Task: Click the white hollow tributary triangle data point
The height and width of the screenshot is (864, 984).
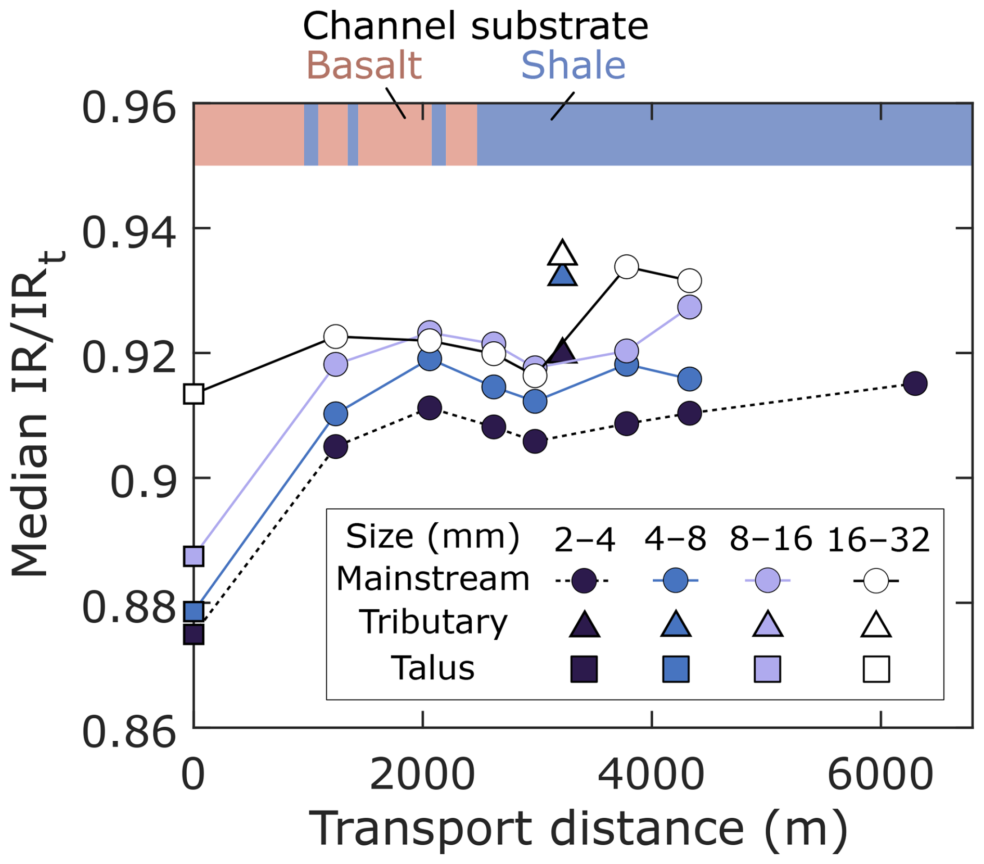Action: pyautogui.click(x=562, y=254)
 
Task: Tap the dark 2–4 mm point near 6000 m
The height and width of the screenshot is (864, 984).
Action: pyautogui.click(x=915, y=384)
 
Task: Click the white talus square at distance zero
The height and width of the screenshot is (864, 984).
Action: pyautogui.click(x=194, y=394)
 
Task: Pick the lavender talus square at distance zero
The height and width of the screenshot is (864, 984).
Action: pyautogui.click(x=194, y=556)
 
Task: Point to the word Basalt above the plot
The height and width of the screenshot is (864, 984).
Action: pyautogui.click(x=364, y=66)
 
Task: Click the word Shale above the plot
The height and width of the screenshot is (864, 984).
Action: pyautogui.click(x=573, y=66)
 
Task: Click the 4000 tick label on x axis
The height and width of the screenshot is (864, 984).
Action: pyautogui.click(x=651, y=775)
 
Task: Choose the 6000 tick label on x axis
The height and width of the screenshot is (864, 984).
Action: pyautogui.click(x=880, y=775)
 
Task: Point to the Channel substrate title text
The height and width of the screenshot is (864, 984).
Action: pyautogui.click(x=475, y=26)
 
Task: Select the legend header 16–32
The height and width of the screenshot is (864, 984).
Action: pyautogui.click(x=878, y=539)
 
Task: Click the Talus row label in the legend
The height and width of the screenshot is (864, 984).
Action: pyautogui.click(x=433, y=668)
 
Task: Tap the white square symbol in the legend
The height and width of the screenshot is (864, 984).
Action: pyautogui.click(x=876, y=669)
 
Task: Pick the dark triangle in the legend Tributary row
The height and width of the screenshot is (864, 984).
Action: pyautogui.click(x=585, y=624)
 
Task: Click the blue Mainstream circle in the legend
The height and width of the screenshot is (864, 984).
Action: pyautogui.click(x=676, y=580)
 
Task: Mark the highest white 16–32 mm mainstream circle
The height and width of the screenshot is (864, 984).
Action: pyautogui.click(x=627, y=267)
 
